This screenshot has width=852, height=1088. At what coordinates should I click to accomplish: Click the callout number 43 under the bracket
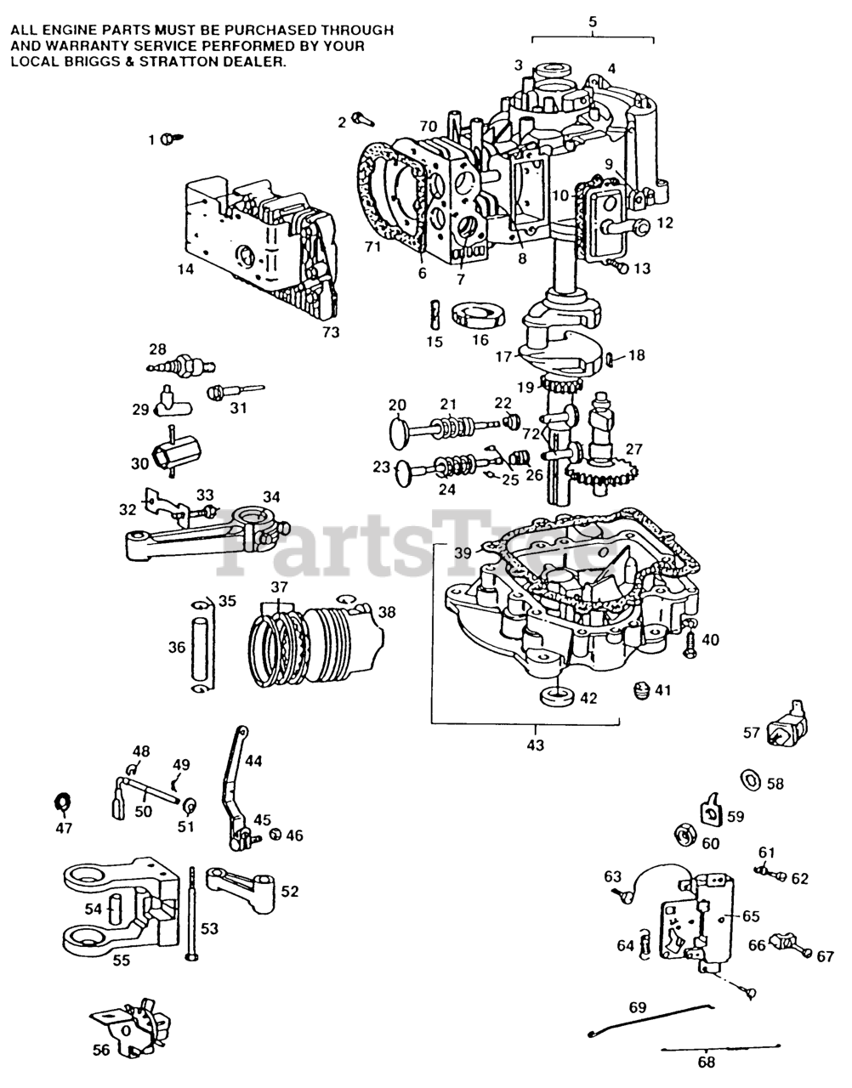536,745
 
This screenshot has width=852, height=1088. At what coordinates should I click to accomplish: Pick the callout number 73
331,332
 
